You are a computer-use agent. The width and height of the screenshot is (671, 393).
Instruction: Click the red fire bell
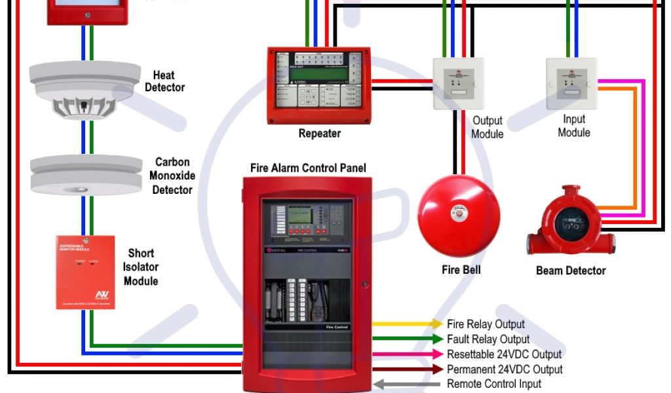click(x=458, y=216)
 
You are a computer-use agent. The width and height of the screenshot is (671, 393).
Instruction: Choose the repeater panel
click(x=319, y=85)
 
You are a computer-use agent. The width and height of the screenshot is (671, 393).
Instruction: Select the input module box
click(x=571, y=82)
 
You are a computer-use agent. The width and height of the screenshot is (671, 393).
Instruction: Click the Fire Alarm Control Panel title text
click(x=308, y=168)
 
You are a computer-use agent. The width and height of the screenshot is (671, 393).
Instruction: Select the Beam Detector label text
click(x=571, y=271)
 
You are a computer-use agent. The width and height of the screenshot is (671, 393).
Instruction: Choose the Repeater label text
click(x=320, y=134)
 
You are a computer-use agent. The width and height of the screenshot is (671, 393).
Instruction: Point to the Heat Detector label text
click(x=165, y=81)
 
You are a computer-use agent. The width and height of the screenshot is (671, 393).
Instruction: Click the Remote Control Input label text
click(x=494, y=384)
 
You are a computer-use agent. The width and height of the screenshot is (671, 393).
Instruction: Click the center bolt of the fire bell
click(x=459, y=214)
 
